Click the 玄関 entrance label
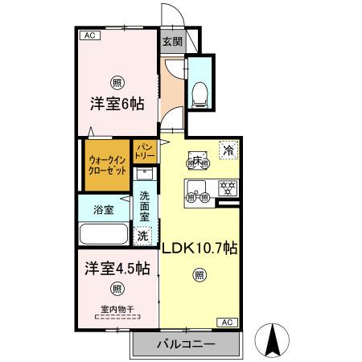(x=171, y=42)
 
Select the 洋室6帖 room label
(x=116, y=104)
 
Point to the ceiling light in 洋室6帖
(x=117, y=83)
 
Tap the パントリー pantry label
(x=145, y=151)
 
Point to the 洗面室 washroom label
(x=145, y=206)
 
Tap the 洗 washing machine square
(x=142, y=237)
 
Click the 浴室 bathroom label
(x=103, y=210)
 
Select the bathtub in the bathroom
(x=104, y=236)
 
